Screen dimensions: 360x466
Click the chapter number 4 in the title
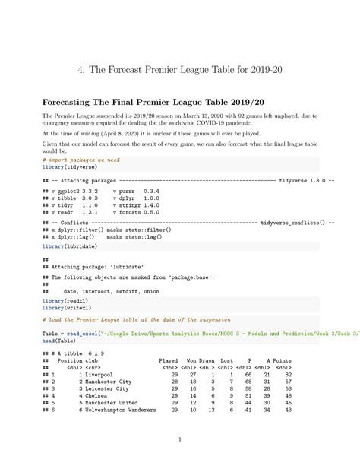click(x=81, y=70)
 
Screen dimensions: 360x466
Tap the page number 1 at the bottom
click(x=179, y=439)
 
